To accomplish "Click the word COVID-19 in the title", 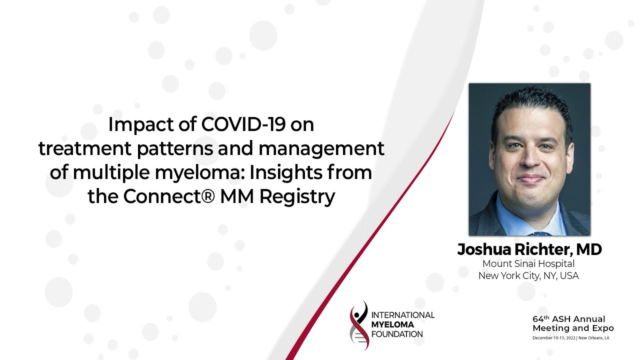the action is click(243, 124).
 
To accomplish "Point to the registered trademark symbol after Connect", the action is click(209, 196).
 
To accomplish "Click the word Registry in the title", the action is click(297, 197).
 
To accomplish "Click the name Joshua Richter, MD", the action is click(529, 249).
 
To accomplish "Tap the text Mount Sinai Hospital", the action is click(528, 263).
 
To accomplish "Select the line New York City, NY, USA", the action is click(528, 275).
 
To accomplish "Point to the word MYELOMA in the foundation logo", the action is click(392, 324).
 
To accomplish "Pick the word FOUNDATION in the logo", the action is click(397, 334).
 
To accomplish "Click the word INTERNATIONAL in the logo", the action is click(403, 315).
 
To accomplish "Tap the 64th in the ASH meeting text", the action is click(541, 319).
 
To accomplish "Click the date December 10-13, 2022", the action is click(554, 338).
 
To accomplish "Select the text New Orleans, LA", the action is click(593, 338).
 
